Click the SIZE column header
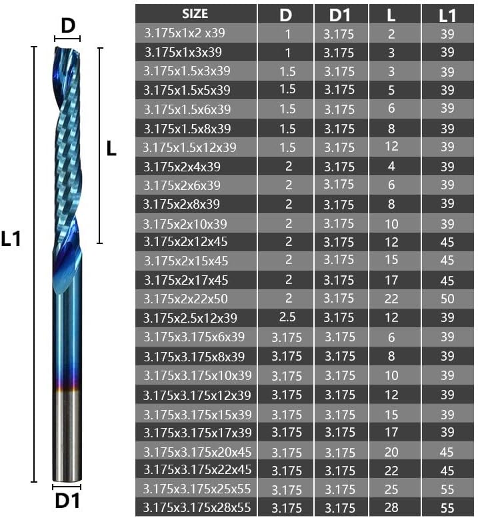(x=195, y=14)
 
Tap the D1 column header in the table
(x=341, y=15)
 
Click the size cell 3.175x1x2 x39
(x=185, y=33)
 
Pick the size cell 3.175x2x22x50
(x=185, y=299)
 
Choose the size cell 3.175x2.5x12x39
(x=190, y=318)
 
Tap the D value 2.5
(x=287, y=317)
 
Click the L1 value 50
(x=447, y=299)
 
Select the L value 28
(x=391, y=507)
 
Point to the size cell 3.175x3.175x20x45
(x=197, y=452)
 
